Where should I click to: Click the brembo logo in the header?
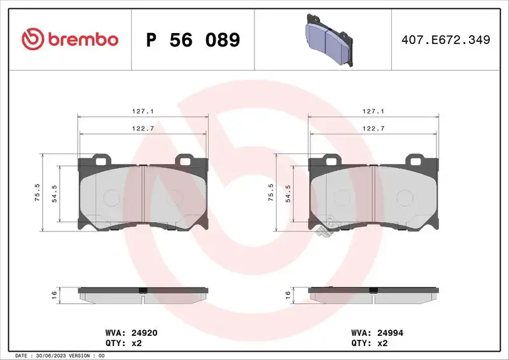coord(70,39)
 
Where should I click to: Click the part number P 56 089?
coord(193,40)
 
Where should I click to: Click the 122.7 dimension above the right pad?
coord(374,128)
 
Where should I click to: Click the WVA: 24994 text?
coord(378,333)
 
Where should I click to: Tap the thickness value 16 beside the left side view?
coord(55,294)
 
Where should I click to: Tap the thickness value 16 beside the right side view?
coord(288,294)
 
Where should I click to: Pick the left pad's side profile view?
coord(143,294)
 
